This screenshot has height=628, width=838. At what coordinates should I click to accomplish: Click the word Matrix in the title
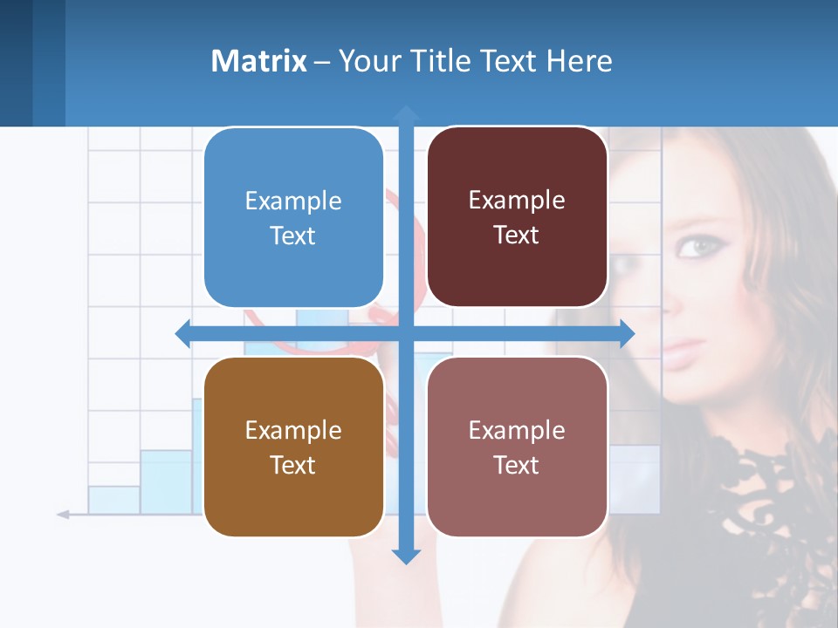pos(259,60)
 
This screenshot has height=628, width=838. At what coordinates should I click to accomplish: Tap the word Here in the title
pos(579,60)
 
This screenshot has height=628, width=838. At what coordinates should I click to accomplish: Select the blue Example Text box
pos(293,217)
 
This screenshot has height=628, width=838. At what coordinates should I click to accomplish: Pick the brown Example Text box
pos(293,447)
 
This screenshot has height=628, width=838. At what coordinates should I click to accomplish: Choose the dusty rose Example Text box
pos(517,447)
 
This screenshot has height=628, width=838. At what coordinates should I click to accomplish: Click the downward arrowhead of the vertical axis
pos(406,556)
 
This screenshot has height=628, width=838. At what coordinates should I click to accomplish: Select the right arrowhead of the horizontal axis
pos(627,333)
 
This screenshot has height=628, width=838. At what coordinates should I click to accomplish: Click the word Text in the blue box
pos(293,235)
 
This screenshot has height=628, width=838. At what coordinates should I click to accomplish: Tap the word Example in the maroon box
pos(517,200)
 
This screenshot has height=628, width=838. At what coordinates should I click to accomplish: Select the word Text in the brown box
pos(293,465)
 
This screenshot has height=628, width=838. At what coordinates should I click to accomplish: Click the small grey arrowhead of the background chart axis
pos(63,515)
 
